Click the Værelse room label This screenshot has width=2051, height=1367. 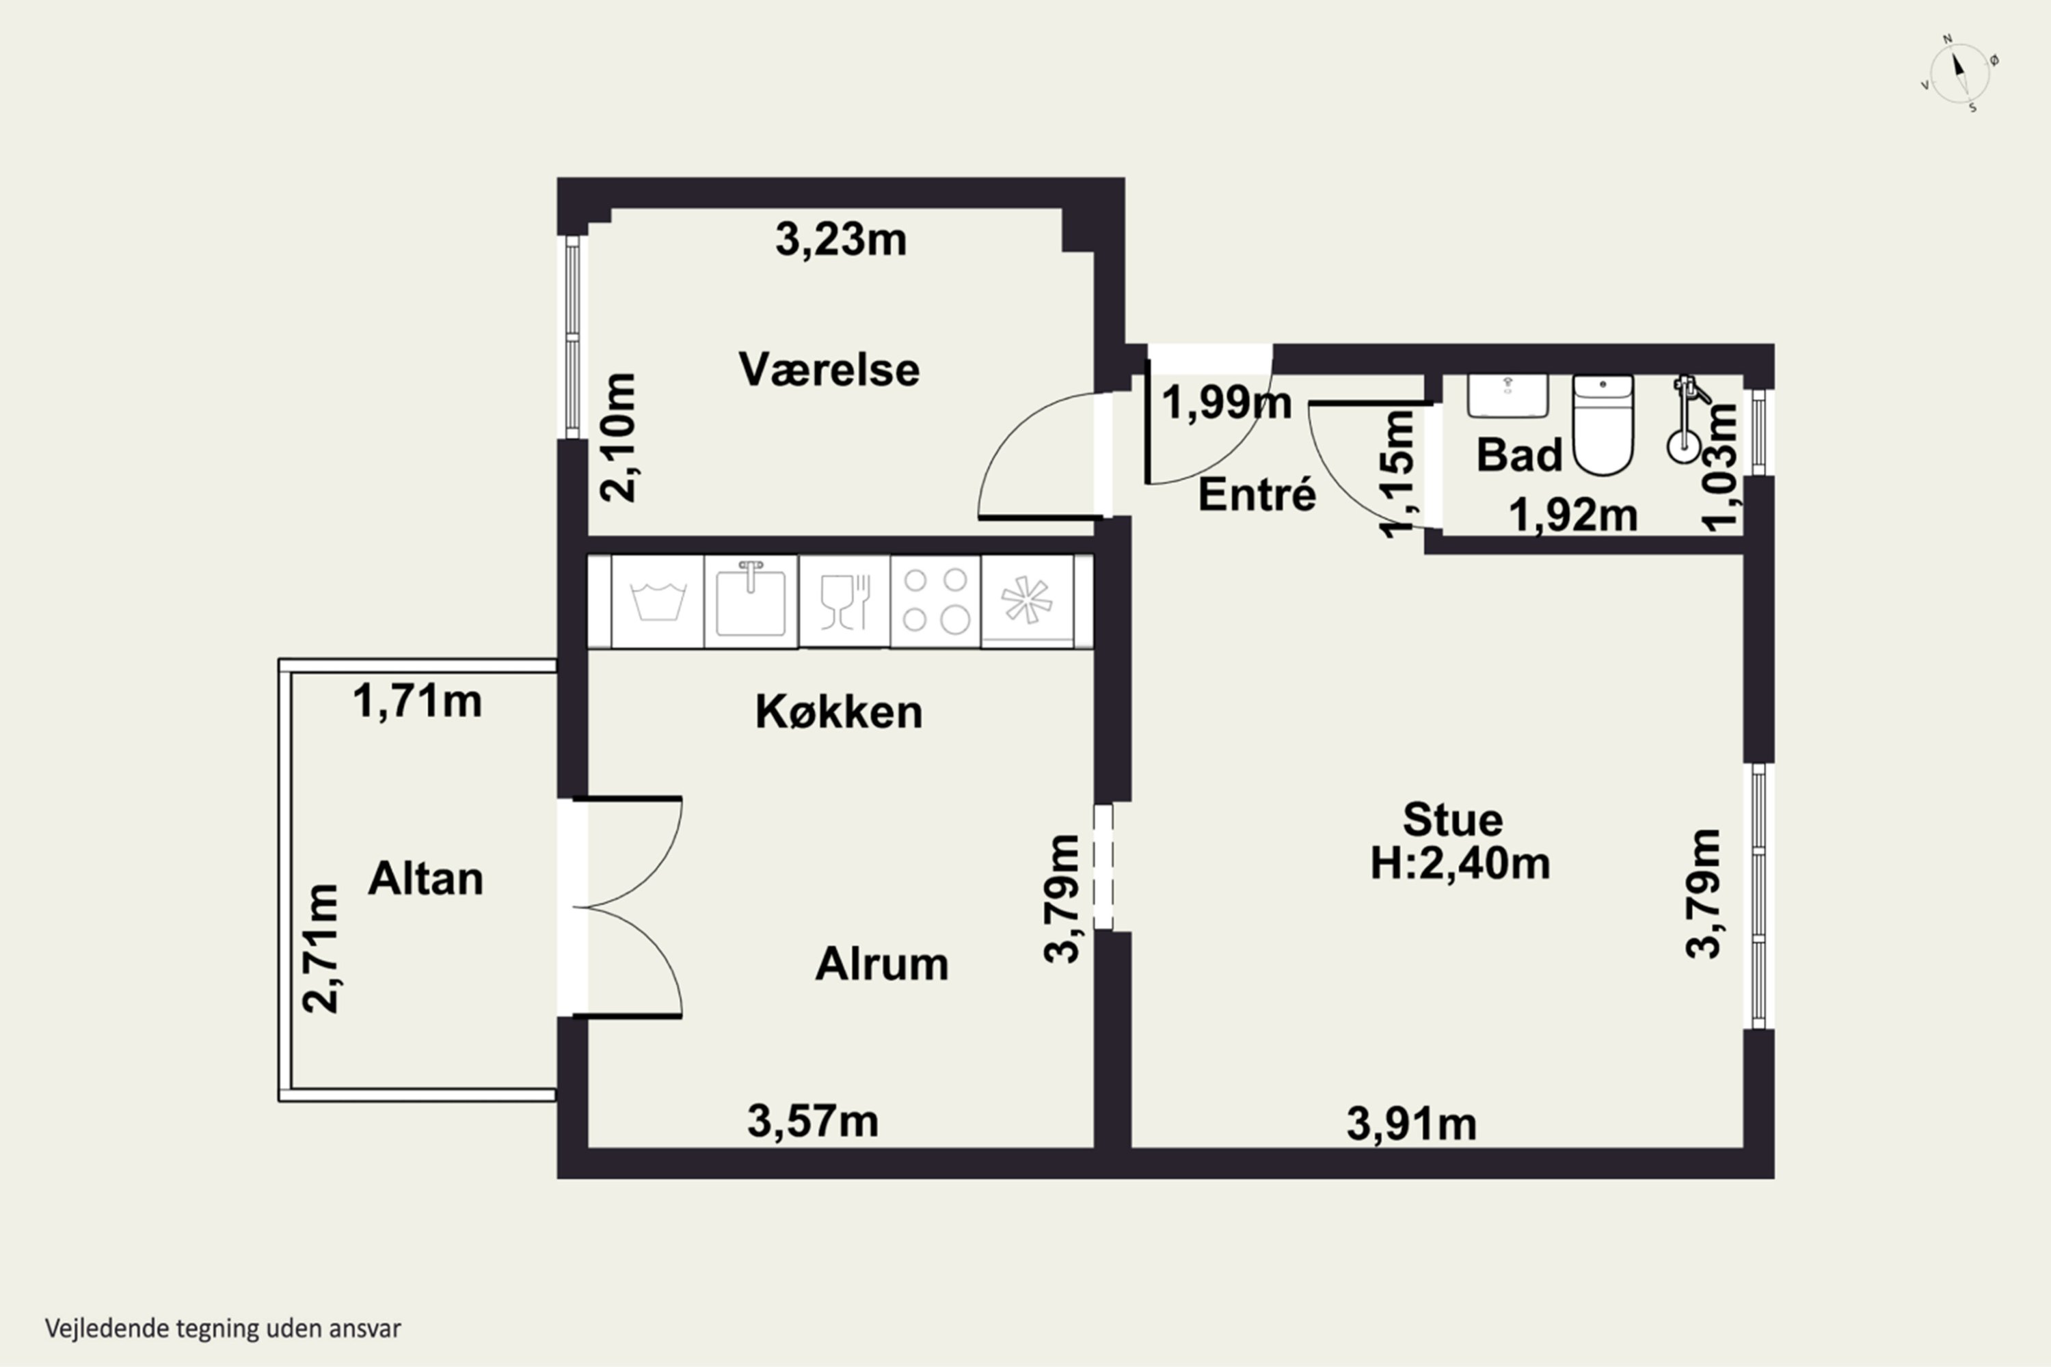tap(829, 370)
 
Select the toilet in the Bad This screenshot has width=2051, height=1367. tap(1603, 424)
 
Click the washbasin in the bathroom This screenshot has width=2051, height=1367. tap(1507, 396)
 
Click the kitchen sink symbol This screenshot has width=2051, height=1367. tap(750, 601)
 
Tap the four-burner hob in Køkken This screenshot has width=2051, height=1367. tap(935, 601)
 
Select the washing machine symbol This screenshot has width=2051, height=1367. tap(658, 601)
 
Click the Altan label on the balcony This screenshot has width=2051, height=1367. tap(425, 879)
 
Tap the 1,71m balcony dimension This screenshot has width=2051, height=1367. tap(417, 702)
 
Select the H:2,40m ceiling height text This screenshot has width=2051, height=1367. tap(1460, 864)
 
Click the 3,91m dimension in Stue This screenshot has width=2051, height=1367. tap(1411, 1124)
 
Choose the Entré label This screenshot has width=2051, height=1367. tap(1257, 495)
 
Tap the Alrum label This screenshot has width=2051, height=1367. tap(882, 964)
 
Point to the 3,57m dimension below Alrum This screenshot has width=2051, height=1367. tap(813, 1121)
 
